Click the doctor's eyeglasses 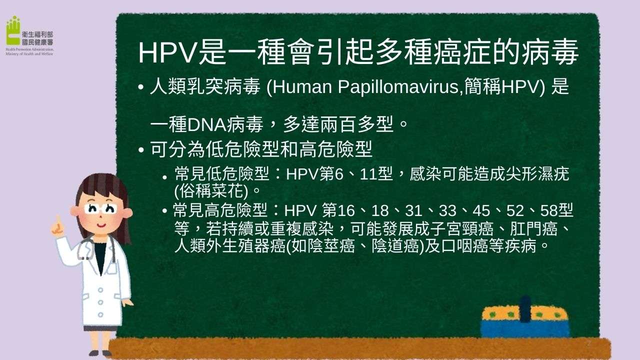100,208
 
